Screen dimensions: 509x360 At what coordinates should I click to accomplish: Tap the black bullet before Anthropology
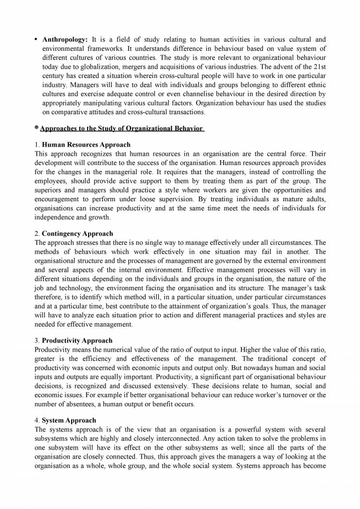click(x=36, y=39)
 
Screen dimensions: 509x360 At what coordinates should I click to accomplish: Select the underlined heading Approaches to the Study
click(x=121, y=128)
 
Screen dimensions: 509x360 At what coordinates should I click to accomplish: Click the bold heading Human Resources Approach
click(x=86, y=145)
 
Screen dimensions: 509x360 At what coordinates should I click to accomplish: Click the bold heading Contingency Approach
click(x=77, y=233)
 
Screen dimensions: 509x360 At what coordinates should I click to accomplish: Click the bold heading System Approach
click(x=69, y=420)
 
